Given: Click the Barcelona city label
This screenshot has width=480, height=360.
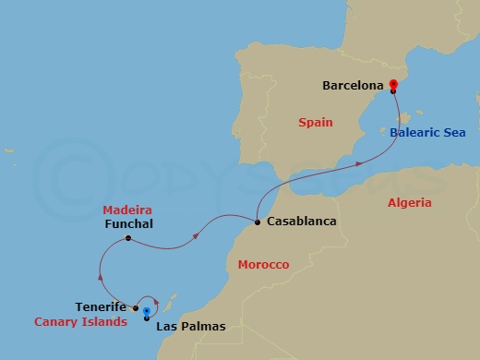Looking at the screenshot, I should tap(353, 86).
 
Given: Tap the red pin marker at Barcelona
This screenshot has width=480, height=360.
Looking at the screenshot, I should tap(393, 87).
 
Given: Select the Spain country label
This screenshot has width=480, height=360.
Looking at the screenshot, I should tap(315, 122).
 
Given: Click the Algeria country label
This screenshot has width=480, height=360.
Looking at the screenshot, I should tap(411, 202).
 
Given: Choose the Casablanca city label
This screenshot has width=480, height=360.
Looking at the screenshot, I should tap(301, 222).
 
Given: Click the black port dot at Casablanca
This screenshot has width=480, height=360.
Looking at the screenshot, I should tap(257, 222).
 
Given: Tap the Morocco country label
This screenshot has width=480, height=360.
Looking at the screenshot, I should tap(263, 265).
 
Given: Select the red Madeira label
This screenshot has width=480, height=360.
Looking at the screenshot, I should tap(127, 210).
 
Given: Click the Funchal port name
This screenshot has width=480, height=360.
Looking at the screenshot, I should tap(129, 223).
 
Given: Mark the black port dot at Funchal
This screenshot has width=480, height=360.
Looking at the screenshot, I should tap(128, 238).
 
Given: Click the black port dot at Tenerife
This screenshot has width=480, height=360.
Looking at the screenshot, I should tap(136, 308).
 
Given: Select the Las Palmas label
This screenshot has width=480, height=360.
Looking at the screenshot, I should tap(191, 327).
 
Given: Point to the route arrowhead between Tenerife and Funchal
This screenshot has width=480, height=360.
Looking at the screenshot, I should tap(101, 273).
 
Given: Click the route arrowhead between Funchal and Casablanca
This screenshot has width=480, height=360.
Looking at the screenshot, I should tap(197, 235).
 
